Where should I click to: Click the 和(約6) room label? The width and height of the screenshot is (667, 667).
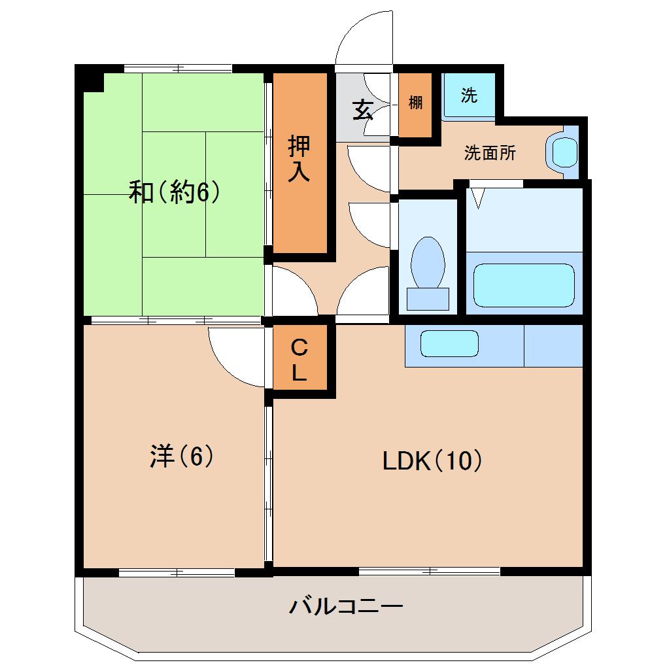[x=173, y=193]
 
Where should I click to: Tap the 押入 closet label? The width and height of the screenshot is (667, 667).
[x=299, y=159]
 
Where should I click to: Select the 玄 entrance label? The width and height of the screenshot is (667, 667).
[x=362, y=110]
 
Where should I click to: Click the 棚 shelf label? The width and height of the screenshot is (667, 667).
[x=415, y=103]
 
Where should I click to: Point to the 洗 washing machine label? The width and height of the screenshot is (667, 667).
[x=469, y=95]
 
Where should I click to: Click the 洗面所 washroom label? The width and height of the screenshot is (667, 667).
[x=490, y=154]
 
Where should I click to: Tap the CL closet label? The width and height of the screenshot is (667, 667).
[x=299, y=360]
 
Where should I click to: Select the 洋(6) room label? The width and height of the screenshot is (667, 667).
[x=182, y=456]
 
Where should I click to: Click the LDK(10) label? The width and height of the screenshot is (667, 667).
[x=432, y=461]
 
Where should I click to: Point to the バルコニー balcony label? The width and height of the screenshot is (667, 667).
[x=346, y=606]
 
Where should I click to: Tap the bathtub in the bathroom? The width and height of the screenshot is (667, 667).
[x=523, y=284]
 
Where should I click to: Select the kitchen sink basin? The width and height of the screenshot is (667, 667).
[x=449, y=344]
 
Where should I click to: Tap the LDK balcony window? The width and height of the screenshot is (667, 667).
[x=430, y=572]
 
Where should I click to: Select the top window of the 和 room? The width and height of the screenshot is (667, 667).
[x=178, y=68]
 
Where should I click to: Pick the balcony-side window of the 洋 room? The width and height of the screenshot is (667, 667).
[x=177, y=573]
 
